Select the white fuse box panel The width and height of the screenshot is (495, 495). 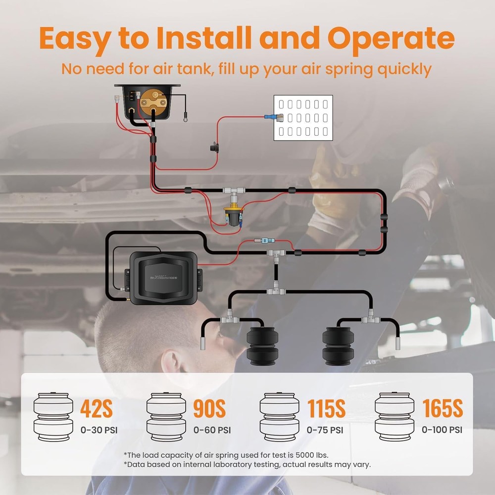pyautogui.click(x=303, y=118)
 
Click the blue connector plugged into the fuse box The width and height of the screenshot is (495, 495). pyautogui.click(x=269, y=118)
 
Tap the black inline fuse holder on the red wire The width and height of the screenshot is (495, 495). pyautogui.click(x=215, y=148)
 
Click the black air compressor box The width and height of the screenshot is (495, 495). pyautogui.click(x=163, y=277)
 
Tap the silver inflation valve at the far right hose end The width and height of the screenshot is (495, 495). pyautogui.click(x=398, y=343)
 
